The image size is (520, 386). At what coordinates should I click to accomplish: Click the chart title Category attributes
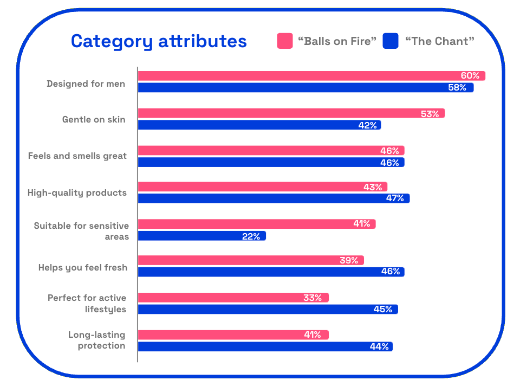tap(159, 42)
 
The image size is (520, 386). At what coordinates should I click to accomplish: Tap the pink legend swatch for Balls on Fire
tap(285, 41)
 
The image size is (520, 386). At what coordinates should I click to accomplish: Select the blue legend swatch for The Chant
tap(391, 41)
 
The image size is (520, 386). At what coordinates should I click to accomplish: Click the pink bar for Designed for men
tap(312, 76)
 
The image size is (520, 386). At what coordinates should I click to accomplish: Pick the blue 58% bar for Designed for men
tap(305, 88)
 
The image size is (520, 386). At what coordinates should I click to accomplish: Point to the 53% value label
tap(430, 114)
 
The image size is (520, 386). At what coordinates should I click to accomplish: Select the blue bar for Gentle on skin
tap(259, 125)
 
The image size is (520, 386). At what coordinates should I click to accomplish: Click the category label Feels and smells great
tap(77, 156)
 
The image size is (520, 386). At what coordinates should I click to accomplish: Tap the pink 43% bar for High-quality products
tap(263, 186)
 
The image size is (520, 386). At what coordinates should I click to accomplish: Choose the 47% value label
tap(395, 198)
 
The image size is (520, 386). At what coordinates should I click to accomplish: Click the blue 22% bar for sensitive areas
tap(202, 236)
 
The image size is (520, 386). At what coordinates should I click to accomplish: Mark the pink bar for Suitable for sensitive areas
tap(257, 224)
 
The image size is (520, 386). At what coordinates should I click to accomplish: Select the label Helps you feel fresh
tap(83, 267)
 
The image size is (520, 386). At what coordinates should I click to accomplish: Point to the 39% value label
tap(349, 260)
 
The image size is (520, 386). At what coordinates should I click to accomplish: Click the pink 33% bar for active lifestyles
tap(233, 298)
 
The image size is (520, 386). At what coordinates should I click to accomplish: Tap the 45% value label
tap(383, 310)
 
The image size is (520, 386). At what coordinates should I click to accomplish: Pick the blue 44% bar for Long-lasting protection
tap(265, 346)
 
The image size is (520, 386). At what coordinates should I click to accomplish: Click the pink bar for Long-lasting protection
tap(233, 335)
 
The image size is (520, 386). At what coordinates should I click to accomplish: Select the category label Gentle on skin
tap(94, 119)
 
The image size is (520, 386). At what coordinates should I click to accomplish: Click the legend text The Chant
tap(440, 41)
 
